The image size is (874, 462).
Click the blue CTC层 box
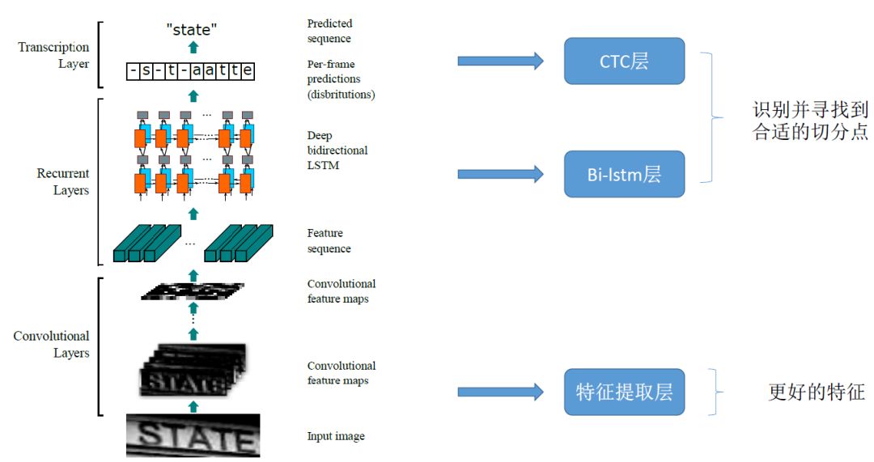coord(624,61)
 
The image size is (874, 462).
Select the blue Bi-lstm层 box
coord(624,174)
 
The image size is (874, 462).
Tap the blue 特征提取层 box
coord(624,392)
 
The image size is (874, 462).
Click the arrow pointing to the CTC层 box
coord(500,61)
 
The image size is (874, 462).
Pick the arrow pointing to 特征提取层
coord(500,392)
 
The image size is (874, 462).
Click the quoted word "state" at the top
coord(192,31)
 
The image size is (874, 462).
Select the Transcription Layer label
coord(53,55)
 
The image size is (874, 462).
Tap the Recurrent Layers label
coord(63,182)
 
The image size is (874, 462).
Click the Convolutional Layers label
coord(52,345)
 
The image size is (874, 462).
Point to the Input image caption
coord(336,436)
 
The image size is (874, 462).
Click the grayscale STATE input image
coord(193,435)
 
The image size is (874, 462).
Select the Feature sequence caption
coord(329,241)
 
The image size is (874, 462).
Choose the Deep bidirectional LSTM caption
coord(337,150)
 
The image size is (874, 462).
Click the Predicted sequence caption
coord(329,31)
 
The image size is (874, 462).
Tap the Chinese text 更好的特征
coord(817,393)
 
